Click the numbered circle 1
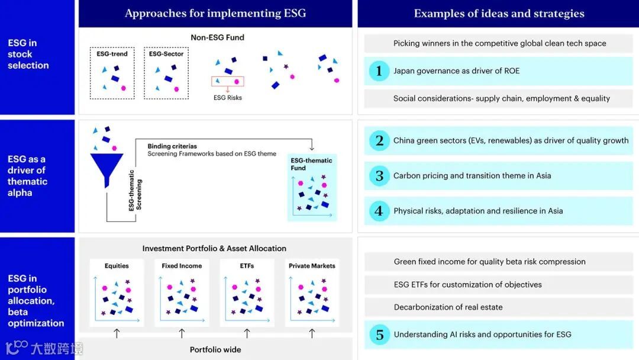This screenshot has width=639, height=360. (379, 71)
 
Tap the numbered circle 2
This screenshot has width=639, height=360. (379, 141)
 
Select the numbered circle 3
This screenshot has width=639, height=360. (379, 176)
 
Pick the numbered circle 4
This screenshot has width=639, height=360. (379, 211)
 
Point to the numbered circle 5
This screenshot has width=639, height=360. (379, 335)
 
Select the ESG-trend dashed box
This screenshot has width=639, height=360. (112, 73)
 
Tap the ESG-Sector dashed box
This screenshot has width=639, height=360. (166, 73)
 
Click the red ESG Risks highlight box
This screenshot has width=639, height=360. (228, 82)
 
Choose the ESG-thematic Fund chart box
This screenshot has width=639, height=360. (312, 188)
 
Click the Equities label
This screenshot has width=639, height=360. (117, 266)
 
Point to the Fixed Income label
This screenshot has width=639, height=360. (182, 266)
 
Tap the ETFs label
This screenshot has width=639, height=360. (247, 266)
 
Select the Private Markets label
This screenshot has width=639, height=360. (312, 266)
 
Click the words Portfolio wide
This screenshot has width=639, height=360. (215, 349)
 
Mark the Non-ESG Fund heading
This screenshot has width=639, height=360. (217, 37)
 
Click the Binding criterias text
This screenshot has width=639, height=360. (172, 146)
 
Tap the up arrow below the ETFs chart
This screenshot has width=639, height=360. (247, 334)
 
